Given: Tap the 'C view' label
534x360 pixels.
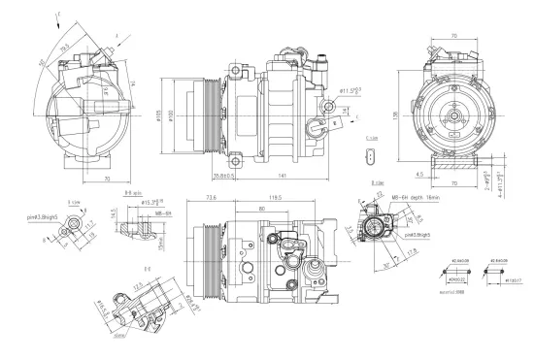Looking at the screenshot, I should [x=373, y=139].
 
